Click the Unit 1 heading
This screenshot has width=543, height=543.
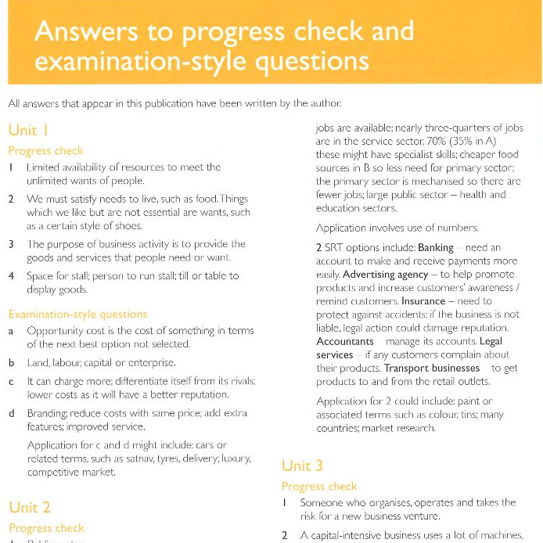tap(28, 130)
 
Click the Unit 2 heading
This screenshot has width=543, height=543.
tap(29, 507)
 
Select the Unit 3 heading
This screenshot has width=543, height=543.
tap(302, 466)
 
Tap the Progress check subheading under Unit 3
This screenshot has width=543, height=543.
tap(318, 486)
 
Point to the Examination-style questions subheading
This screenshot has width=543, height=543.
tap(77, 314)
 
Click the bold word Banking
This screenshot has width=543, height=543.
tap(436, 247)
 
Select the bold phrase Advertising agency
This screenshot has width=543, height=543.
tap(384, 275)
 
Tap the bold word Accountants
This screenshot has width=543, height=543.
tap(345, 341)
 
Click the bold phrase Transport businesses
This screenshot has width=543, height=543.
tap(432, 368)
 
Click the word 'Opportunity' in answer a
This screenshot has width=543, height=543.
tap(56, 330)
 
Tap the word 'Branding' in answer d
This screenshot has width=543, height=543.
tap(46, 413)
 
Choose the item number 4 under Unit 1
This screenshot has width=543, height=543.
tap(11, 275)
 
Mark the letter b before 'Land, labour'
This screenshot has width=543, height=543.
tap(11, 362)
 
